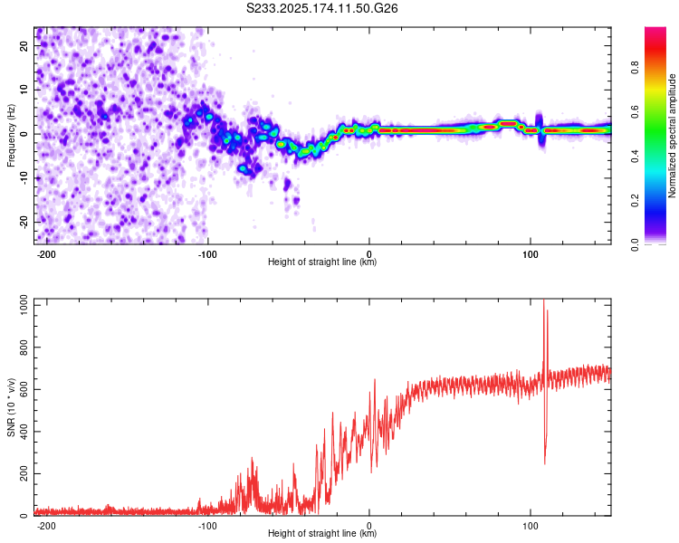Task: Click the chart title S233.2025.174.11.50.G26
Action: (x=321, y=8)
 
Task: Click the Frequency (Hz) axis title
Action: (x=11, y=136)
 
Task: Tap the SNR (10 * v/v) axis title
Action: (x=11, y=407)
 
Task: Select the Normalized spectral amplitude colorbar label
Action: (x=672, y=136)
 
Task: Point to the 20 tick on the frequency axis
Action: (x=24, y=45)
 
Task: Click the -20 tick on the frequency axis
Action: (x=24, y=222)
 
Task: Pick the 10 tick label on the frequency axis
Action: (x=24, y=90)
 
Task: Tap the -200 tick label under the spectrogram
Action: (x=46, y=254)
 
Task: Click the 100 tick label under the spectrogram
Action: (x=530, y=254)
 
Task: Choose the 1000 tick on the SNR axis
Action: (x=24, y=305)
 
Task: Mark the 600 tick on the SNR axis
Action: (x=24, y=389)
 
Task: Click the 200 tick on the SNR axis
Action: (x=24, y=473)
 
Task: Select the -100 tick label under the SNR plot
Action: (x=207, y=526)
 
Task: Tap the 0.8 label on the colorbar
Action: (x=635, y=68)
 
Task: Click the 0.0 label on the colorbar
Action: (x=635, y=244)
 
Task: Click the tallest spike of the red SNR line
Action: (x=544, y=300)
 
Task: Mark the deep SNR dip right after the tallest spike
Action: (x=545, y=463)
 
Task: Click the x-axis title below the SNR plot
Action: (x=322, y=533)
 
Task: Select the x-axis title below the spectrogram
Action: (x=322, y=262)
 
